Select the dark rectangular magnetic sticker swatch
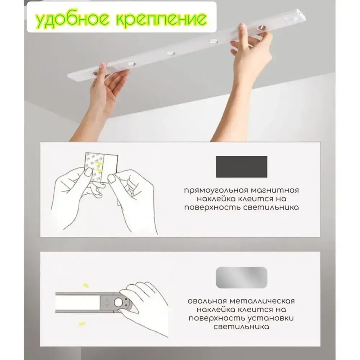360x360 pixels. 241,167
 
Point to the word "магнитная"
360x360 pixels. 276,190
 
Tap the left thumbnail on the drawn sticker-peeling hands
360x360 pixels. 88,172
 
